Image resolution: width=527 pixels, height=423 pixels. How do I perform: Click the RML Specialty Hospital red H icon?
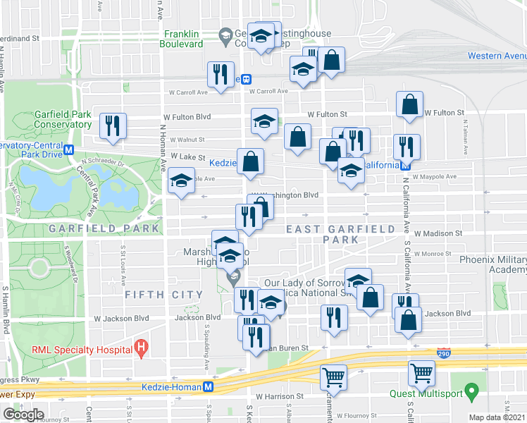point(142,348)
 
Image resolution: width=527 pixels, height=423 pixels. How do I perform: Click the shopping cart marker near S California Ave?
point(421,373)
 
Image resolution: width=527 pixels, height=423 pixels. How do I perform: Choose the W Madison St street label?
point(438,233)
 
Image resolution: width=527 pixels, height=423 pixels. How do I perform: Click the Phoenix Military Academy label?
point(493,264)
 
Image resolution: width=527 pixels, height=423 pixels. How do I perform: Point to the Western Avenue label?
point(497,56)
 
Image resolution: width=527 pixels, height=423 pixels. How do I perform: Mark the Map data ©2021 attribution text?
point(497,417)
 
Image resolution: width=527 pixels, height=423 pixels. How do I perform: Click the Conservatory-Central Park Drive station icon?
point(69,149)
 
